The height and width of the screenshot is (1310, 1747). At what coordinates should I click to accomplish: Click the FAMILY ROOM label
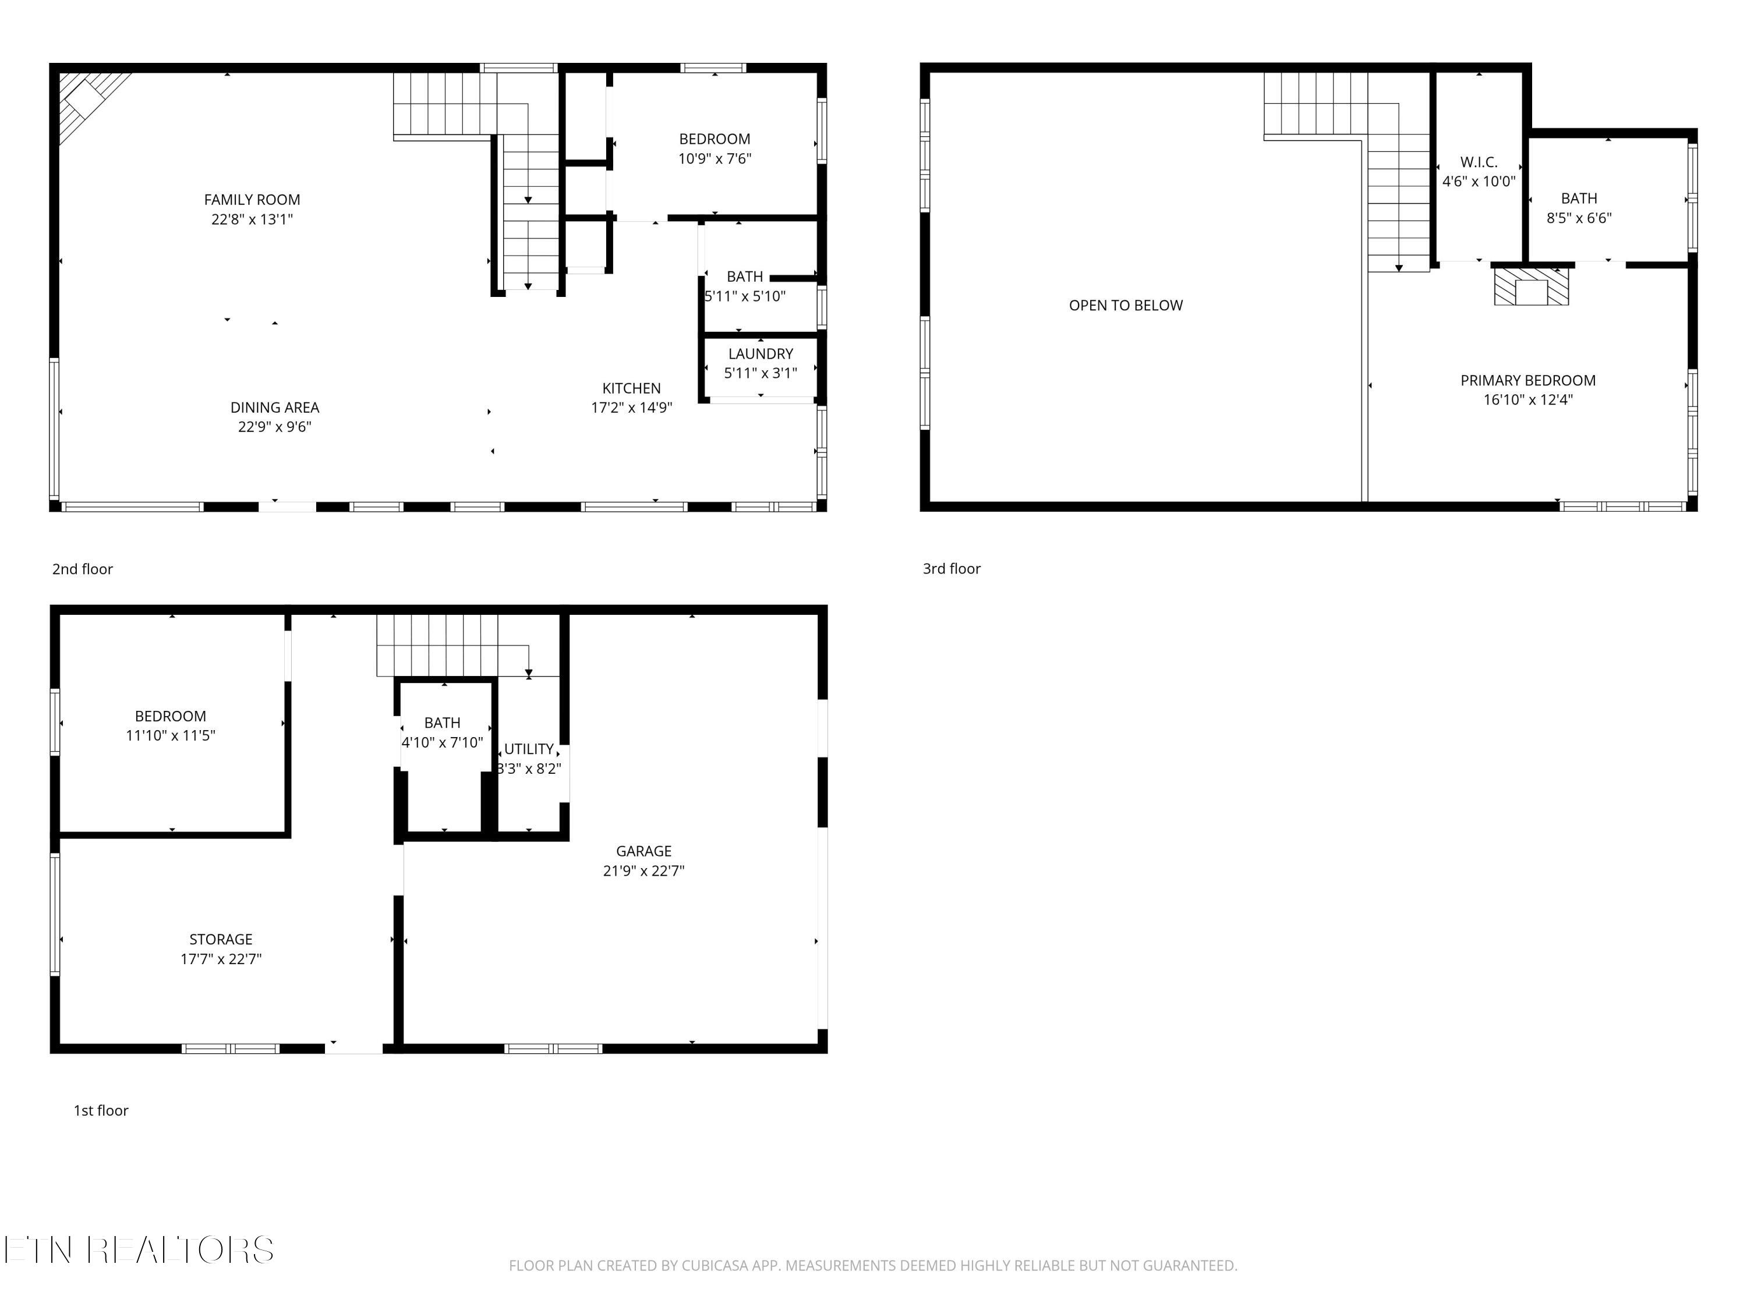pyautogui.click(x=252, y=200)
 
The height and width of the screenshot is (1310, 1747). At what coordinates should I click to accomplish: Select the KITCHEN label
pyautogui.click(x=631, y=388)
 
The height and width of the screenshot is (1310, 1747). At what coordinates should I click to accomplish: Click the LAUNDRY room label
pyautogui.click(x=761, y=354)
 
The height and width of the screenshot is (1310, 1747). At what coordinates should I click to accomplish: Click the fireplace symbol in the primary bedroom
pyautogui.click(x=1530, y=288)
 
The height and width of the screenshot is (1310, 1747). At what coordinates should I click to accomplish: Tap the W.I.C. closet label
pyautogui.click(x=1479, y=162)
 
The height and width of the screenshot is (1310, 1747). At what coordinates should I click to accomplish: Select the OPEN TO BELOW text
pyautogui.click(x=1126, y=306)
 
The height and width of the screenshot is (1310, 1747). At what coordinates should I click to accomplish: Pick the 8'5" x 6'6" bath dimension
pyautogui.click(x=1579, y=218)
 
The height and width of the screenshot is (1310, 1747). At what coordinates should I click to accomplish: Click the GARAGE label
pyautogui.click(x=643, y=851)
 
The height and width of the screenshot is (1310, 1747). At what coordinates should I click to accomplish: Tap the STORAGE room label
pyautogui.click(x=220, y=940)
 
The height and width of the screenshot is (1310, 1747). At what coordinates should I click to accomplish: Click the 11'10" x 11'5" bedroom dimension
pyautogui.click(x=171, y=736)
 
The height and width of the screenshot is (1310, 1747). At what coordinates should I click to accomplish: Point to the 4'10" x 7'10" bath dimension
pyautogui.click(x=442, y=742)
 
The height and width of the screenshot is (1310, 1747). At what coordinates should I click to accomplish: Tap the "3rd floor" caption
pyautogui.click(x=952, y=568)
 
